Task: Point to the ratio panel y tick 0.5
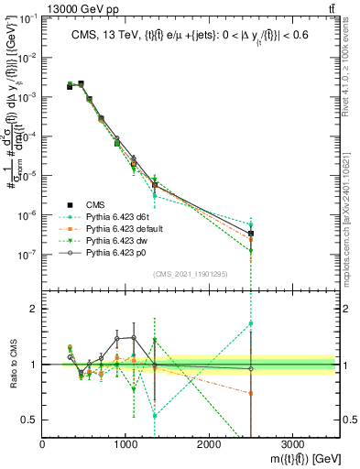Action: coord(30,420)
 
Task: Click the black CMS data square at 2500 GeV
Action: coord(251,234)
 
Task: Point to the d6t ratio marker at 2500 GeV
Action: coord(251,323)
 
